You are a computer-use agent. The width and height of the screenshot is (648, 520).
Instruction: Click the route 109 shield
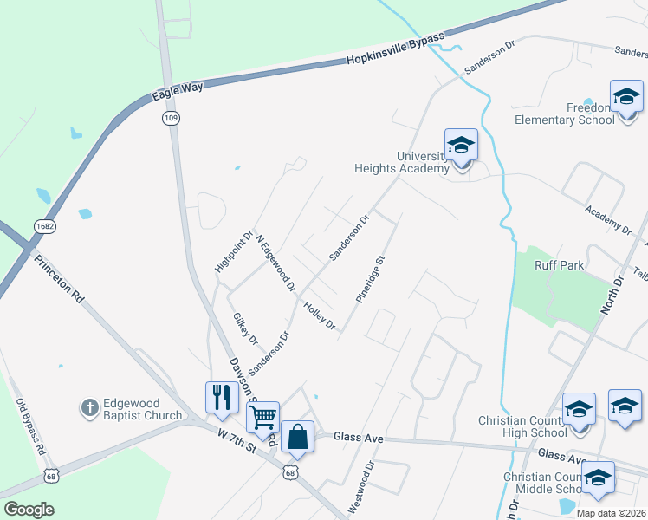tap(170, 117)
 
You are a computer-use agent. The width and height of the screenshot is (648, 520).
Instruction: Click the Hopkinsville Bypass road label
tap(395, 49)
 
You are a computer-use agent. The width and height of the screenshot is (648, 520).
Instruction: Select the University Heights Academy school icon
tap(461, 146)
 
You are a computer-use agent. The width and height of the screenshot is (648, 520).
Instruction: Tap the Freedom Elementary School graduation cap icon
tap(625, 97)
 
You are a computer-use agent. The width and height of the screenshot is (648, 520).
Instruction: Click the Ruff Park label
tap(559, 265)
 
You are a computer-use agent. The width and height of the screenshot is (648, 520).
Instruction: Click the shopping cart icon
tap(262, 417)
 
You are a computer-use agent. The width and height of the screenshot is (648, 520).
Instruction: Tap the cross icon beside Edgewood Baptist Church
tap(89, 406)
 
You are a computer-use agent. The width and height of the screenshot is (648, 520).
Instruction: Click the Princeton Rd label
tap(60, 278)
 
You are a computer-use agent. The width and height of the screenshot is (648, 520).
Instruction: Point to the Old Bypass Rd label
tap(30, 426)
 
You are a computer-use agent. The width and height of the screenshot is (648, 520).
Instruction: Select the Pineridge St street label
tap(370, 277)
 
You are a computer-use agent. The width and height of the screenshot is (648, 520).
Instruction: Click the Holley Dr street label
tap(319, 314)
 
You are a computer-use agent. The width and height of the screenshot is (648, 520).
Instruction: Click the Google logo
tap(29, 510)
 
